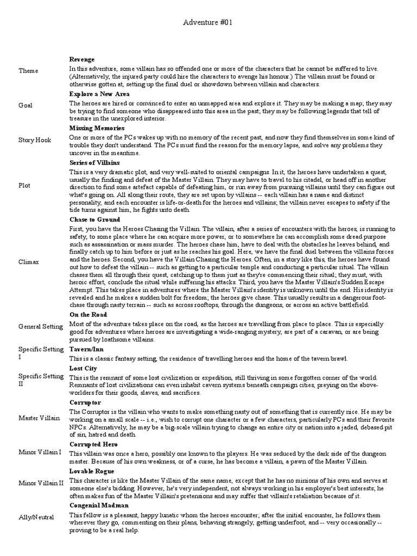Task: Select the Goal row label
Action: (x=26, y=105)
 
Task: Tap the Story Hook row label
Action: (x=35, y=140)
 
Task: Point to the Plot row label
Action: (x=24, y=185)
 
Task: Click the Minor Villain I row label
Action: (x=40, y=452)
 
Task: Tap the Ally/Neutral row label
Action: (x=36, y=517)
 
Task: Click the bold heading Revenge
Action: (x=82, y=59)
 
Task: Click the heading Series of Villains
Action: (x=95, y=162)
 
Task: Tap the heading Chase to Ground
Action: (x=94, y=219)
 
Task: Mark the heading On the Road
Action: (x=88, y=314)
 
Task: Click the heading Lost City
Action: (x=84, y=368)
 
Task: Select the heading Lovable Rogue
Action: (x=91, y=471)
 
